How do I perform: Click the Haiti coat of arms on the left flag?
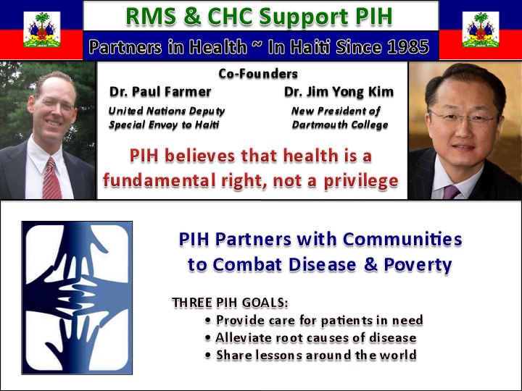tap(42, 29)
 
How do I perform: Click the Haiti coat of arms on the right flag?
tap(481, 29)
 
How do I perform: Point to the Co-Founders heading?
tap(258, 73)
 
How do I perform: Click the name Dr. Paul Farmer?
tap(160, 92)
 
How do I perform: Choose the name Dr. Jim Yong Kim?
tap(339, 92)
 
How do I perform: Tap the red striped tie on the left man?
tap(51, 179)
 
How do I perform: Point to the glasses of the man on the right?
tap(464, 118)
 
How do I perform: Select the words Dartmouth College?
tap(340, 125)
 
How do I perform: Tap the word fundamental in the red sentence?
tap(159, 180)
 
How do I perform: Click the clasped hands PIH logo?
tap(77, 298)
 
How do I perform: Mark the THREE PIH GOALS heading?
tap(230, 303)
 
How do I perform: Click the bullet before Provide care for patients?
tap(208, 321)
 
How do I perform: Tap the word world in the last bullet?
tap(398, 355)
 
